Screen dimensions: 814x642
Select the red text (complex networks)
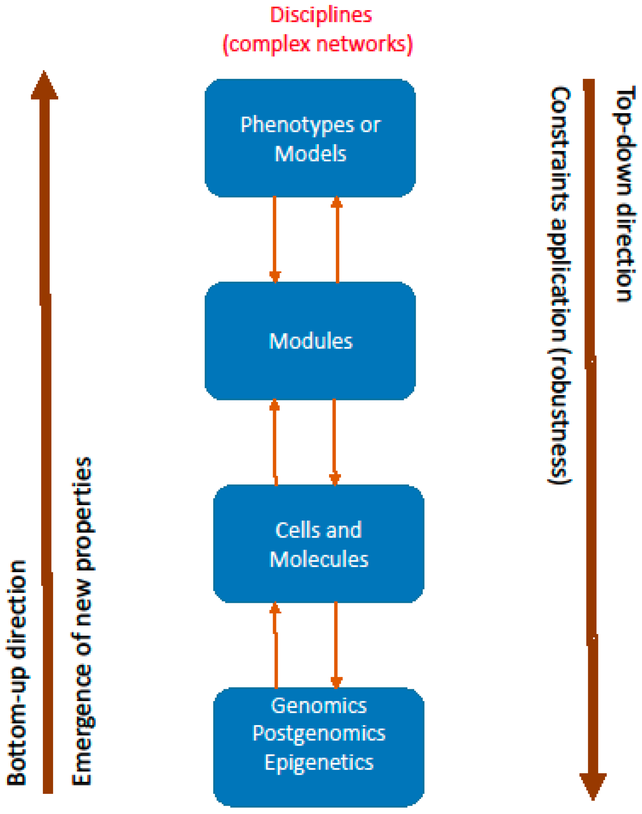pos(318,44)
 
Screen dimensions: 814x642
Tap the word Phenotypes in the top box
pos(297,125)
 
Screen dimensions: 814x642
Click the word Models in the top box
pos(310,154)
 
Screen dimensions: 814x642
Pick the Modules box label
pos(310,341)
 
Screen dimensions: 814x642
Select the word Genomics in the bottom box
pos(319,706)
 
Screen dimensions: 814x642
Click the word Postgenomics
pos(319,734)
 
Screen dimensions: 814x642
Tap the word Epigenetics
pos(319,762)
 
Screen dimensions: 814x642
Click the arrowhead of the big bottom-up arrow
pos(44,86)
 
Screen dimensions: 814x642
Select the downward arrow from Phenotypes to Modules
pos(275,241)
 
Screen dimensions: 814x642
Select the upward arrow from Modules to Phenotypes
pos(337,241)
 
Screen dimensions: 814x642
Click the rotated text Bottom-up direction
pos(17,673)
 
